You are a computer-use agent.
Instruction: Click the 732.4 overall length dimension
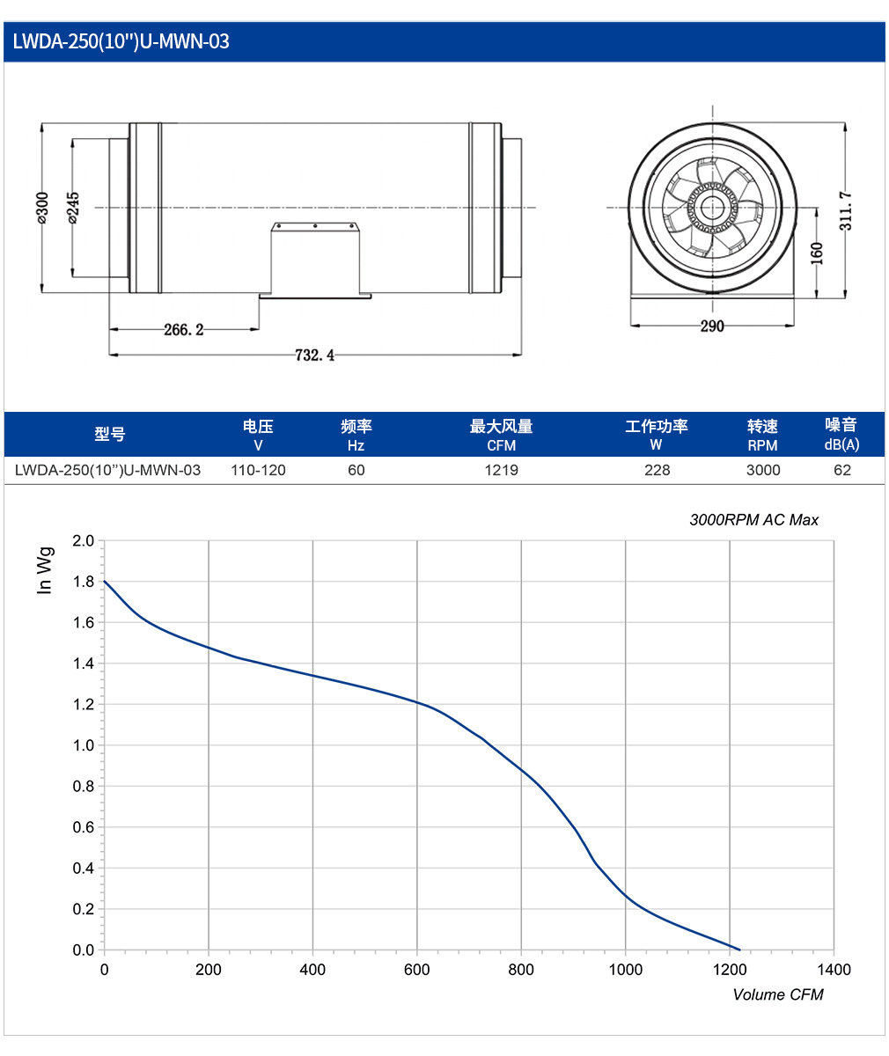tap(315, 355)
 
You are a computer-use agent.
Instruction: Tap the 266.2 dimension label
tap(184, 330)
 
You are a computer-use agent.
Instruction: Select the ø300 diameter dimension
tap(42, 208)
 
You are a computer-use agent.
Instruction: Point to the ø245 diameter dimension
tap(73, 208)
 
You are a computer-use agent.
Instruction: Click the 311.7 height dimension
tap(846, 211)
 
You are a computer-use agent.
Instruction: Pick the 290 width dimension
tap(712, 326)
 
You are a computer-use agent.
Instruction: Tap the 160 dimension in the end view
tap(817, 253)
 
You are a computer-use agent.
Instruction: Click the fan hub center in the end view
tap(712, 208)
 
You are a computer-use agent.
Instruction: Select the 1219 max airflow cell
tap(502, 470)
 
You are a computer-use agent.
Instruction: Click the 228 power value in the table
tap(657, 470)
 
